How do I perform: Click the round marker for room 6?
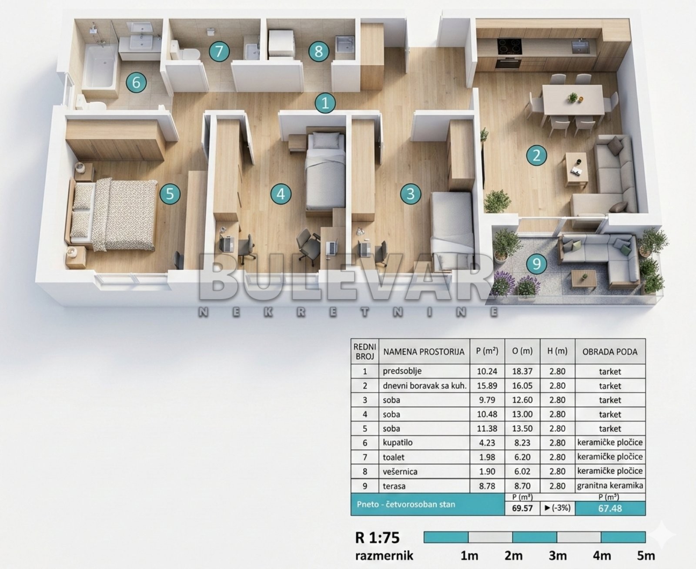click(136, 82)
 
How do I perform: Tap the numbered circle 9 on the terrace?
click(537, 264)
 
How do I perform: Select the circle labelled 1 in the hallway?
click(325, 103)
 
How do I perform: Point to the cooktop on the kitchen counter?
click(509, 46)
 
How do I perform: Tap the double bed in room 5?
click(112, 215)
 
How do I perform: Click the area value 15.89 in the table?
click(487, 386)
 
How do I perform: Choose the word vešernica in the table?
click(400, 471)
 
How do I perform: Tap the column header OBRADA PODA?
click(610, 352)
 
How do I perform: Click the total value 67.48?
click(610, 508)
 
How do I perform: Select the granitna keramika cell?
click(610, 486)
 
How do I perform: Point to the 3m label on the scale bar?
click(557, 556)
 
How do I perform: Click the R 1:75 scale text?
click(377, 538)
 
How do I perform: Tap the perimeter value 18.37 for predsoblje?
click(522, 371)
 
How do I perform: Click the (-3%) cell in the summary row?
click(557, 508)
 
